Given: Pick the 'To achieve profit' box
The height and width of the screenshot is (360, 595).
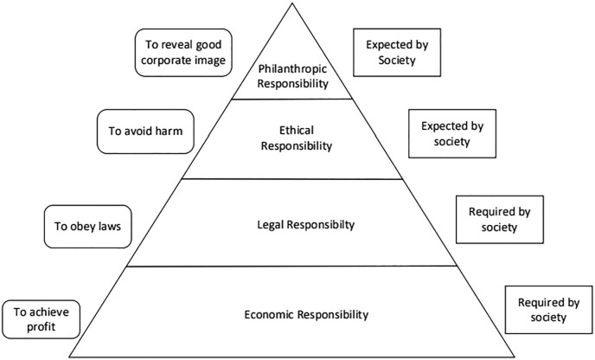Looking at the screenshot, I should (42, 318).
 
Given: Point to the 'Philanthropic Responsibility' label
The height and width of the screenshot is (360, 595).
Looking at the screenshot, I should (296, 76).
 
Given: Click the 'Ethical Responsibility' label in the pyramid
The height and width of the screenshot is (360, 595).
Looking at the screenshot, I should (296, 138).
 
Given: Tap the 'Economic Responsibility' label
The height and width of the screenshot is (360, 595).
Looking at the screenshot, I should (296, 314).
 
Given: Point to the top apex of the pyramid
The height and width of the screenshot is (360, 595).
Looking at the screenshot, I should (295, 5).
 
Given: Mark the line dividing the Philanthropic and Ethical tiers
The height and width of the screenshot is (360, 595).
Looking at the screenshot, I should (296, 99).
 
